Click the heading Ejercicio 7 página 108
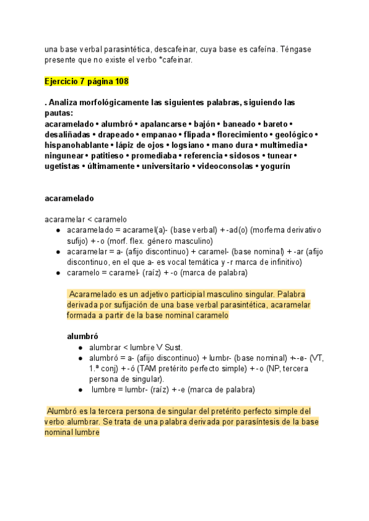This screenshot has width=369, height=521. (87, 82)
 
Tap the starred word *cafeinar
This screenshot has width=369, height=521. (174, 60)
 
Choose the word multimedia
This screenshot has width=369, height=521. (282, 145)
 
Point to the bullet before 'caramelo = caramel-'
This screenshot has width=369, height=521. (57, 273)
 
